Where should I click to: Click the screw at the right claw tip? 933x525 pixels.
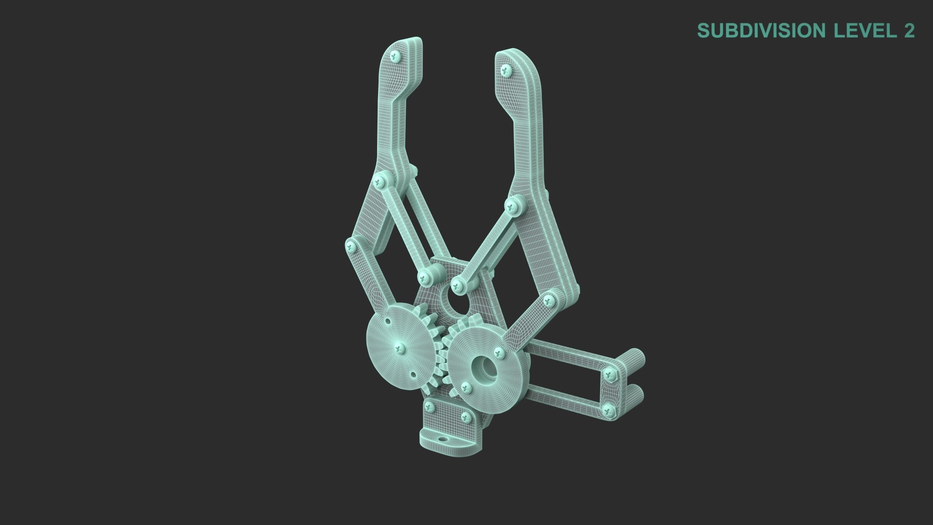click(507, 70)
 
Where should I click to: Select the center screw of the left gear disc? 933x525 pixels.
click(400, 347)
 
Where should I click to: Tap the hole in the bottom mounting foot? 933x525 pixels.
click(442, 438)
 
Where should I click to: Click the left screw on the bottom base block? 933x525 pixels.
click(429, 405)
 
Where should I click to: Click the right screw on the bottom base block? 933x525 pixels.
click(465, 417)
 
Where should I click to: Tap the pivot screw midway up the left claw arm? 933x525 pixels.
click(380, 182)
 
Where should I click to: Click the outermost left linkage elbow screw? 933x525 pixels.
click(350, 247)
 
